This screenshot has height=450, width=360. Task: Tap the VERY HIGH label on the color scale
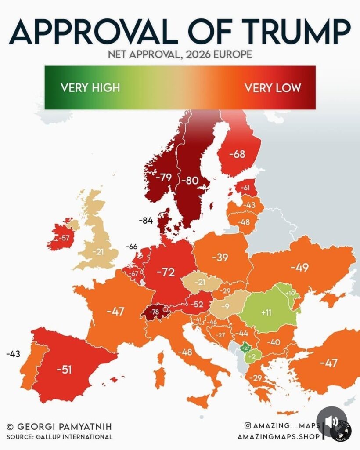(x=90, y=87)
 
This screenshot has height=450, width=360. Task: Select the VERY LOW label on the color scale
(x=273, y=87)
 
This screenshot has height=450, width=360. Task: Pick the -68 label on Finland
(x=239, y=155)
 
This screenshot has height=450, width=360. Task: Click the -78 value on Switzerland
(x=154, y=312)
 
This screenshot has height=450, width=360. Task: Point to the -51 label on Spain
(x=64, y=369)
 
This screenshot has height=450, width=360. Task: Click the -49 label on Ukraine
(x=299, y=268)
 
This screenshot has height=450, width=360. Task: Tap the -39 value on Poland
(x=220, y=258)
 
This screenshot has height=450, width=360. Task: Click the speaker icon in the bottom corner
(x=332, y=422)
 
